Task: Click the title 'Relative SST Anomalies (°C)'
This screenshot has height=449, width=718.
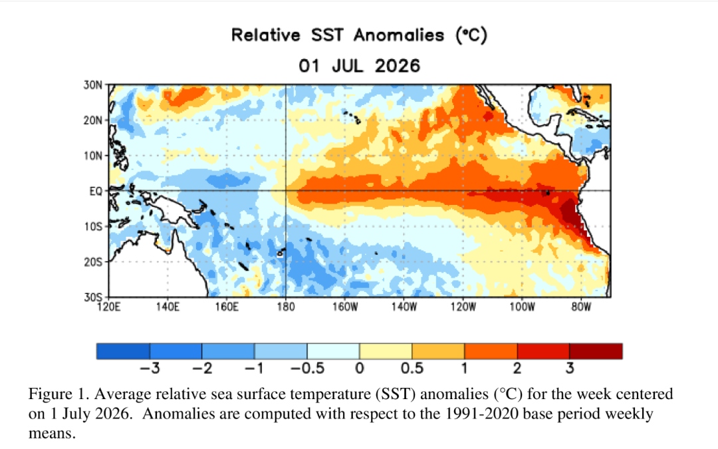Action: point(359,35)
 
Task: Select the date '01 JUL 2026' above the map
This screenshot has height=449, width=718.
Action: point(360,66)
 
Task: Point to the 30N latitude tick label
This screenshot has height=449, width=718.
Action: point(92,85)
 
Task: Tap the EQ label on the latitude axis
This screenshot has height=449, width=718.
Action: point(96,191)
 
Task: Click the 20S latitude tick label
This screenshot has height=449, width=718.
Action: point(92,262)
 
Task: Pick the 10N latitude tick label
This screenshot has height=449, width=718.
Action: point(92,156)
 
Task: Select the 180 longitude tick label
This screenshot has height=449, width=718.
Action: point(286,307)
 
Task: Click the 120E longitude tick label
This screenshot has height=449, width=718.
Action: point(109,307)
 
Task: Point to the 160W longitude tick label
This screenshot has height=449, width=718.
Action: point(345,307)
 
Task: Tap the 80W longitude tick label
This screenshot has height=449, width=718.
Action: point(581,307)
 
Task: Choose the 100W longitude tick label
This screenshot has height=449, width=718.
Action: point(522,307)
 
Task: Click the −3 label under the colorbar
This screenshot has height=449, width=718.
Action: point(150,368)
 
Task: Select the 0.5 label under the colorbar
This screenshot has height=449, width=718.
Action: point(412,368)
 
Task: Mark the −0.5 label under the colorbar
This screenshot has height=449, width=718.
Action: point(306,368)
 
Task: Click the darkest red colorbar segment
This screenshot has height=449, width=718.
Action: point(596,351)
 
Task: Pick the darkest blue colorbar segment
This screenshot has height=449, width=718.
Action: point(123,351)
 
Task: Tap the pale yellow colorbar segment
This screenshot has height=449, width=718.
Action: point(386,351)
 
